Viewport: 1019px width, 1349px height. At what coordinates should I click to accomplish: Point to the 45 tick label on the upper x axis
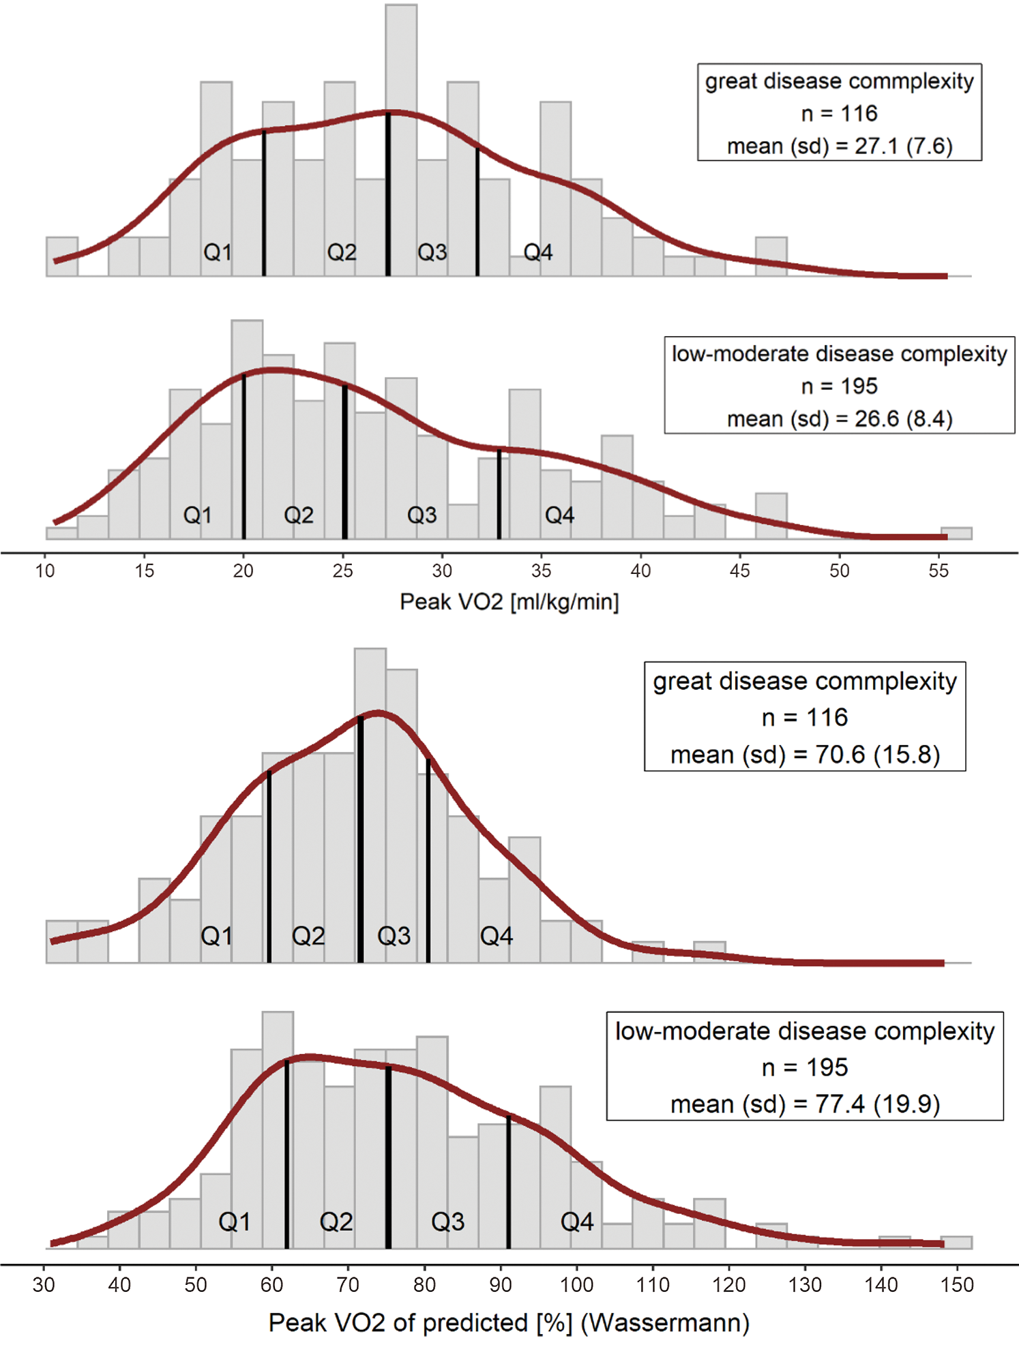click(x=739, y=571)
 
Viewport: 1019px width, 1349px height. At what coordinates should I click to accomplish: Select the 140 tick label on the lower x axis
click(x=881, y=1285)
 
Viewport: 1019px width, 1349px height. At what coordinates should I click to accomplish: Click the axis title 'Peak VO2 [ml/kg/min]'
click(x=509, y=602)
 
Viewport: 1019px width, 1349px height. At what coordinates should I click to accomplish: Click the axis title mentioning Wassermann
click(x=509, y=1323)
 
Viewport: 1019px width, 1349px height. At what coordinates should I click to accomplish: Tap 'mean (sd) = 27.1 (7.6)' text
click(x=839, y=146)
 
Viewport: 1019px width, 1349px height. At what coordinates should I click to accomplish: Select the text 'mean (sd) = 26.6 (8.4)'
click(x=839, y=419)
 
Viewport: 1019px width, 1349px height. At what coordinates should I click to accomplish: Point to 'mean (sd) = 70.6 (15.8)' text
click(x=805, y=755)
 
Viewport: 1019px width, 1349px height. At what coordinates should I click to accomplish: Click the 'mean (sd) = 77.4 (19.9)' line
click(x=805, y=1104)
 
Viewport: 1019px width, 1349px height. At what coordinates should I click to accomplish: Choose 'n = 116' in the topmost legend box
click(x=839, y=113)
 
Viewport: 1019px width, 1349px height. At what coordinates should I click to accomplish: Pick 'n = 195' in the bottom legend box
click(x=805, y=1067)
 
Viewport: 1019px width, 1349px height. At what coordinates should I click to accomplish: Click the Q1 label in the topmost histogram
click(x=218, y=253)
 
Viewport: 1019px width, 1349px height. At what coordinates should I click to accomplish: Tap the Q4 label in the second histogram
click(x=559, y=515)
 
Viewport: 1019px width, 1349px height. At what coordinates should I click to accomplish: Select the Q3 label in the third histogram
click(x=394, y=936)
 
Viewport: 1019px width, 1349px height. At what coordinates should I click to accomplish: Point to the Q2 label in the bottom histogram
click(x=336, y=1222)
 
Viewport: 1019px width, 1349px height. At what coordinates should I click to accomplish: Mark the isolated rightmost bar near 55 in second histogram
click(x=956, y=533)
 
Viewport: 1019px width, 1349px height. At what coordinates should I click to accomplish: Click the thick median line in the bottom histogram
click(x=388, y=1159)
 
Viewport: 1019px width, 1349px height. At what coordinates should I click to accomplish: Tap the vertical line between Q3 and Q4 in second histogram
click(x=499, y=494)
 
